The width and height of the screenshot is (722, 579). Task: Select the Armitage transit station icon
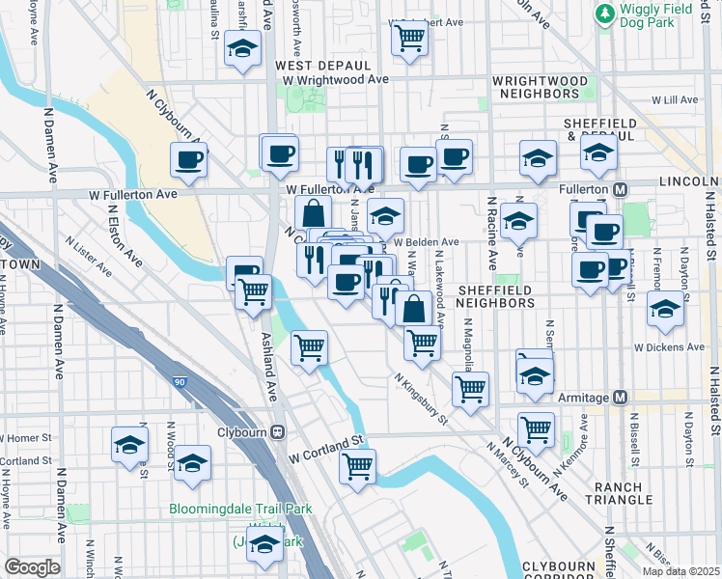coord(621,397)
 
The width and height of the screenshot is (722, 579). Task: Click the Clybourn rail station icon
coord(278,432)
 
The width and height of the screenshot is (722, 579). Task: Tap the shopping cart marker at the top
coord(409,40)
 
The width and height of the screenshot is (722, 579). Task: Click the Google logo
coord(32,567)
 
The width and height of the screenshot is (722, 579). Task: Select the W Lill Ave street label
coord(675,99)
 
